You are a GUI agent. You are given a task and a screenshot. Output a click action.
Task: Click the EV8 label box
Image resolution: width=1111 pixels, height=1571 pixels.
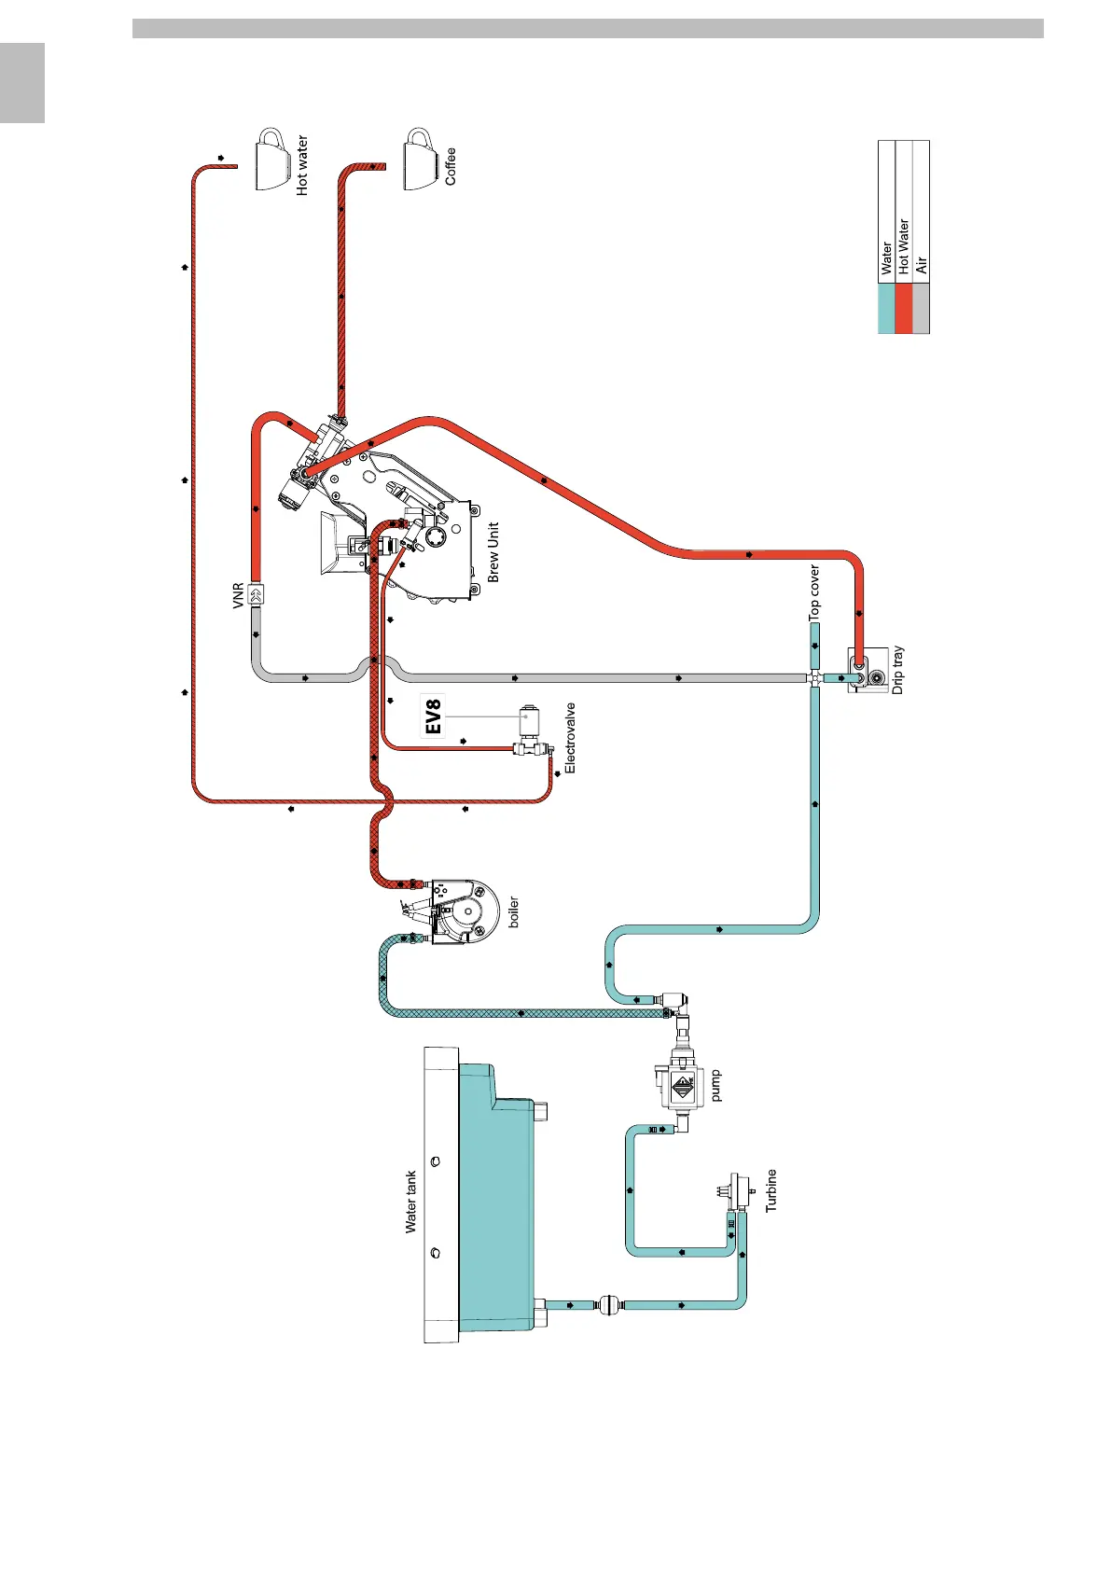click(433, 716)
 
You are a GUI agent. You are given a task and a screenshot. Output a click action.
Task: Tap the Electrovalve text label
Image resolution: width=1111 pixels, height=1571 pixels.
click(570, 738)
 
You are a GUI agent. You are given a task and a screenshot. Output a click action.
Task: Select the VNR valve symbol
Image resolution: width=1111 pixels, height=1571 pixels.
click(257, 593)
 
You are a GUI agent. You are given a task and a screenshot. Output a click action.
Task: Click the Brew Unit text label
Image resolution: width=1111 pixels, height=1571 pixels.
click(493, 552)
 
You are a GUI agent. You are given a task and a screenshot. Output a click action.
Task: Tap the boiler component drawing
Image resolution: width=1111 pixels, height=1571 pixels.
click(463, 910)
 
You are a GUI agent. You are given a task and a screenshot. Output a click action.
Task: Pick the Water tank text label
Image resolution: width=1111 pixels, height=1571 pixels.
click(410, 1203)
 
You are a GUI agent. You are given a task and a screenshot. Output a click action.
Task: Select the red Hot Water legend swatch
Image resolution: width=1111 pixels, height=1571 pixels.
click(903, 309)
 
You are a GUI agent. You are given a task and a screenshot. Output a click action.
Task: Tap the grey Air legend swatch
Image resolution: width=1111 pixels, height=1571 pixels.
click(921, 309)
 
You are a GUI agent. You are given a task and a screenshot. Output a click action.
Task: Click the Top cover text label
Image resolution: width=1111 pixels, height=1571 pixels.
click(814, 593)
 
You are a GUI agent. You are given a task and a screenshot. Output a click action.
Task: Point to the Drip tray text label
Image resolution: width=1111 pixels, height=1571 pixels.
click(898, 670)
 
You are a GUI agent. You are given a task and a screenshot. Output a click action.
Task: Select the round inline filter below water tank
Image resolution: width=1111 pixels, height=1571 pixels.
click(606, 1304)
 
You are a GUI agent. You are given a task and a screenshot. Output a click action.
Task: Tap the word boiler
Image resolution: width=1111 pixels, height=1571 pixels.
click(513, 911)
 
